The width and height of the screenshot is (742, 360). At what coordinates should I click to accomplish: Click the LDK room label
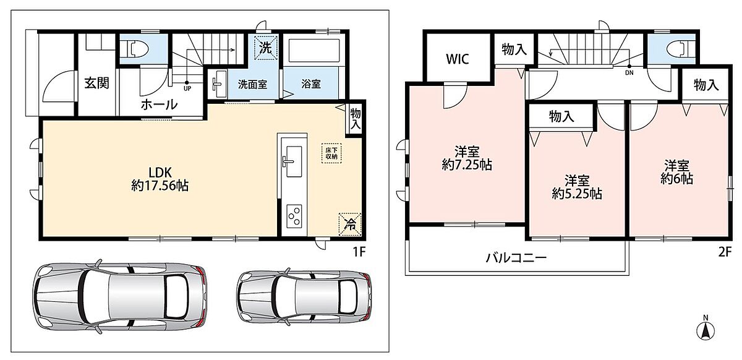tap(160, 173)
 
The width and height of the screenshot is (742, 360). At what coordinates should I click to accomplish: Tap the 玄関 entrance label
tap(96, 83)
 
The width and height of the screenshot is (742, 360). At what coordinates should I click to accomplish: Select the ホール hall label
tap(160, 105)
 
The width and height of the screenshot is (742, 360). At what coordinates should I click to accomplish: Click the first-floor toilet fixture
tap(137, 49)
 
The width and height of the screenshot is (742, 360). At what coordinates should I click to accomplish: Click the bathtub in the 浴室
tap(314, 51)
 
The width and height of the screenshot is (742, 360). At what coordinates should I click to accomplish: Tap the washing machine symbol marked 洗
tap(265, 48)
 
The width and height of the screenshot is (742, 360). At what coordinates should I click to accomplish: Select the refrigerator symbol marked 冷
tap(350, 224)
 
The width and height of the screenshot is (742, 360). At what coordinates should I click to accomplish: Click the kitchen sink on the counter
tap(292, 161)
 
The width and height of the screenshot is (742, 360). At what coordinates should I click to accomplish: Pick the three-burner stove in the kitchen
tap(294, 216)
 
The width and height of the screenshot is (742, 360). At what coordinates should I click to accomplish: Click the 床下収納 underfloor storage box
tap(331, 153)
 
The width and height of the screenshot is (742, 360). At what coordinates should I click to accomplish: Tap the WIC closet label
tap(458, 59)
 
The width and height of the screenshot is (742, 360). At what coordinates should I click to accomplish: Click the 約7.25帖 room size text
tap(467, 165)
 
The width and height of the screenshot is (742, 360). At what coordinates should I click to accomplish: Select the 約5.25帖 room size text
tap(577, 194)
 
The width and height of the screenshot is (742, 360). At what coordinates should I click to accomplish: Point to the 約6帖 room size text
tap(676, 179)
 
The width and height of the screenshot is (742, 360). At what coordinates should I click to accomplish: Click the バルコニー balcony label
tap(516, 257)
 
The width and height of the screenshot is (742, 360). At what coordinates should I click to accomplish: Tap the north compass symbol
tap(706, 330)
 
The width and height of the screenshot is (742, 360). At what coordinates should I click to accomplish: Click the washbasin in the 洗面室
tap(219, 84)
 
